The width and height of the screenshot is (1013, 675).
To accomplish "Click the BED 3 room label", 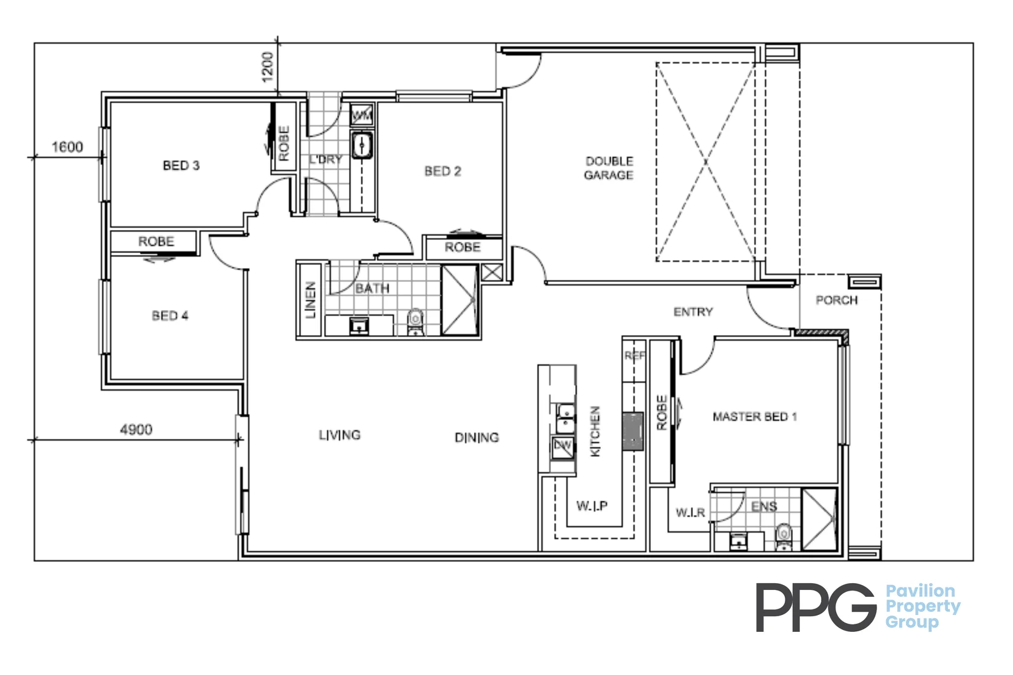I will (181, 166).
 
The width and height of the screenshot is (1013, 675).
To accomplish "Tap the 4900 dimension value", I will (136, 430).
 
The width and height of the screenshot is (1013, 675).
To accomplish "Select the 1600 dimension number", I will (67, 147).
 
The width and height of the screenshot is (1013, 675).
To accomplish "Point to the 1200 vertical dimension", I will (268, 67).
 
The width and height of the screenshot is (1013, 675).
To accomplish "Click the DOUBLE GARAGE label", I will (609, 168).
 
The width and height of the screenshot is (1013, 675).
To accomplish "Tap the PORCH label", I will (837, 301).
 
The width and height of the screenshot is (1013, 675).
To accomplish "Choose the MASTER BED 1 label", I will (755, 417).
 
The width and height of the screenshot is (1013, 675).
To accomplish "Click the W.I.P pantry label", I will (592, 506).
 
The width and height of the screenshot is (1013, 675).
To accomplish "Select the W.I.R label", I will (690, 513).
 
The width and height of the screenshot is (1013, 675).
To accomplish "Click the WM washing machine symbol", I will (362, 116).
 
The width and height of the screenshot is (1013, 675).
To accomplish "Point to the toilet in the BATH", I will (415, 322).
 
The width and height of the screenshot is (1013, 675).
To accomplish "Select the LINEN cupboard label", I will (311, 301).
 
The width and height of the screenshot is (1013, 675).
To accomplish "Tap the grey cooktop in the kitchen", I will (633, 431).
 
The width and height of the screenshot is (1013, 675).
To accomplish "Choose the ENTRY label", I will (693, 312).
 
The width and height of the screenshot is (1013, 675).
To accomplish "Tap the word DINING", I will (476, 437).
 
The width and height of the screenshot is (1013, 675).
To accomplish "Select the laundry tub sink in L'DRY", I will (361, 146).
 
